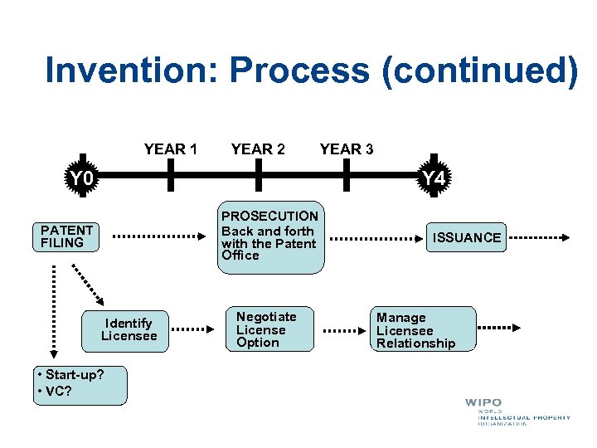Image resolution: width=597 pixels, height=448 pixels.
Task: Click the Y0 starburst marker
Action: [81, 178]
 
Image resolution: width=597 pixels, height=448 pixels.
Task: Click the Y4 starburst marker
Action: [434, 178]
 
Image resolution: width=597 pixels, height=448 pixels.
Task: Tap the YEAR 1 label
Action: [170, 149]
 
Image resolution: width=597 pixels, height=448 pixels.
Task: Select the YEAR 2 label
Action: [258, 149]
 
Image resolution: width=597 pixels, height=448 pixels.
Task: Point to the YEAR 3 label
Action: [346, 149]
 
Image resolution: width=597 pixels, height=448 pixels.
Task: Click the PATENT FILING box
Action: [66, 236]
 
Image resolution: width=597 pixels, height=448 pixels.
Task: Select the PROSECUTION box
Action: [269, 237]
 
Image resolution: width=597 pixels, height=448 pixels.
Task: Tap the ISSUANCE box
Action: [467, 237]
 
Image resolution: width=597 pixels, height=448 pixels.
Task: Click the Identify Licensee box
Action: [129, 329]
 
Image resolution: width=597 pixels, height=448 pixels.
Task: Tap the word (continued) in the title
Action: [478, 71]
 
